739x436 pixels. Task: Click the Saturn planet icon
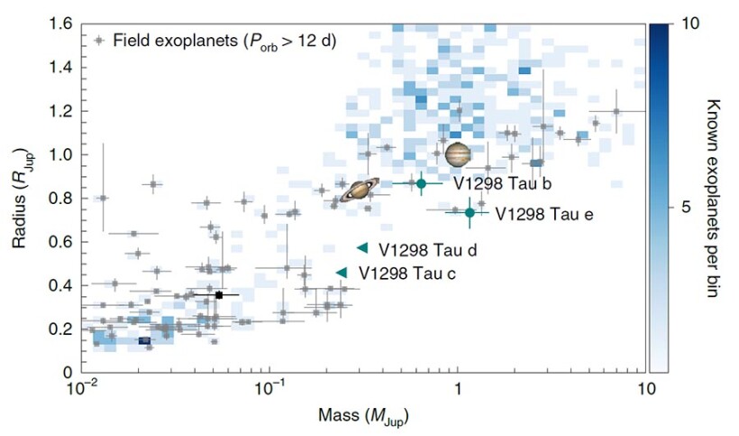[360, 189]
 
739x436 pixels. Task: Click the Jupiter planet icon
[458, 154]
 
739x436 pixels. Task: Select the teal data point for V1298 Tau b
[420, 183]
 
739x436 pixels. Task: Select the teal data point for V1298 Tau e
[470, 212]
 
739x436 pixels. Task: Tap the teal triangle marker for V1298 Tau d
[362, 247]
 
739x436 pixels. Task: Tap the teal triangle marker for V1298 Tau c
[342, 272]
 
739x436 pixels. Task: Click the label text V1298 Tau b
[501, 184]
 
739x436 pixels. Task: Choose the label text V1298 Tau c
[407, 273]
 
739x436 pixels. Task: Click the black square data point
[219, 295]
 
